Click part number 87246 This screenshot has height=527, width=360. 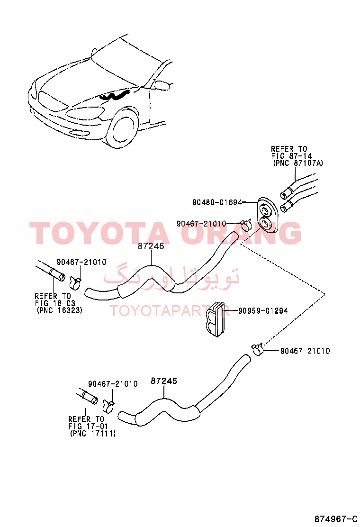coord(151,246)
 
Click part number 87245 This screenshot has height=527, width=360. coord(164,381)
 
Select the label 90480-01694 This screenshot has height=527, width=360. coord(217,202)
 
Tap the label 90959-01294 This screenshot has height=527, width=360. coord(263,311)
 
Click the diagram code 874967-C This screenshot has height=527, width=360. coord(335,518)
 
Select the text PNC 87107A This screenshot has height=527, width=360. coord(298,164)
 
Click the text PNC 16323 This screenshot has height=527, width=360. coord(59,310)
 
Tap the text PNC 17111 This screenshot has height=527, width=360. coord(93,434)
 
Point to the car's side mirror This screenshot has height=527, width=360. coord(161,85)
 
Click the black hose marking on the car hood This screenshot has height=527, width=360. coord(114,96)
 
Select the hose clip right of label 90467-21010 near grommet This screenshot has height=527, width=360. coord(246,224)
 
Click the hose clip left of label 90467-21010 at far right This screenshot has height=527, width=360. coord(257,349)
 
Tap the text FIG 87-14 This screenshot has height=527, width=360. coord(291,156)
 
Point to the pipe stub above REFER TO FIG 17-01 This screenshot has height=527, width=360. coord(88,396)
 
